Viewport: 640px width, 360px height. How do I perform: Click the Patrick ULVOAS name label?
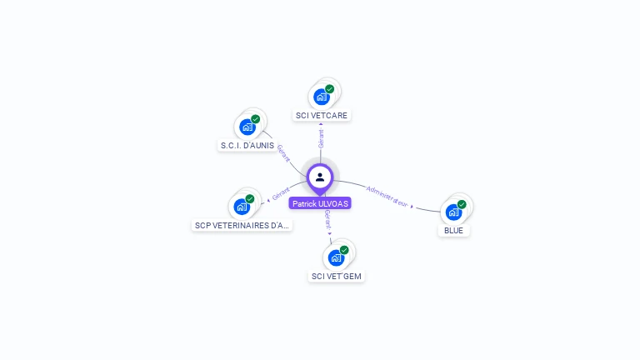pos(320,203)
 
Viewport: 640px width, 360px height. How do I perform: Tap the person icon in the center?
pos(320,177)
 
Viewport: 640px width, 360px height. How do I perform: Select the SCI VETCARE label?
pos(322,115)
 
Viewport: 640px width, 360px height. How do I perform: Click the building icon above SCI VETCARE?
pos(322,97)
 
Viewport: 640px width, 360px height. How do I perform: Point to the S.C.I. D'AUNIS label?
pos(247,145)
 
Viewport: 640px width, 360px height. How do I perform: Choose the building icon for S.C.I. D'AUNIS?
pos(247,127)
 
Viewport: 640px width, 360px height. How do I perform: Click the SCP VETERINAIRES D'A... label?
pos(242,225)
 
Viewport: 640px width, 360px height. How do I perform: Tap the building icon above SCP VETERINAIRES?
pos(242,207)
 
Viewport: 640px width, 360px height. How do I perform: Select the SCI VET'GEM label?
pos(337,276)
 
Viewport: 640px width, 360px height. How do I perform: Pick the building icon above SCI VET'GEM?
pos(336,257)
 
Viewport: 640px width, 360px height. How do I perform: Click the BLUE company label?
pos(454,230)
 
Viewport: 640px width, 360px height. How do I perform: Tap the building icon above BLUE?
pos(453,212)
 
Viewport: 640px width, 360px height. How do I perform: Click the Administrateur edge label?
pos(387,196)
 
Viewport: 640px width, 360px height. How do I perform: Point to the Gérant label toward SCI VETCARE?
pos(321,138)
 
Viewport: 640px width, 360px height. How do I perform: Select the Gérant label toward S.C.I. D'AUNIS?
pos(283,152)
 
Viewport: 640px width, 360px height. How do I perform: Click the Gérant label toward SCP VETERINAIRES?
pos(280,194)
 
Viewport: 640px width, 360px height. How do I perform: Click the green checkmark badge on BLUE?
pos(462,204)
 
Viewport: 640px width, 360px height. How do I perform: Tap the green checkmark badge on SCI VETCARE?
pos(330,89)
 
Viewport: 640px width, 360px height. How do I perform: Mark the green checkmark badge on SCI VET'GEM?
pos(344,250)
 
